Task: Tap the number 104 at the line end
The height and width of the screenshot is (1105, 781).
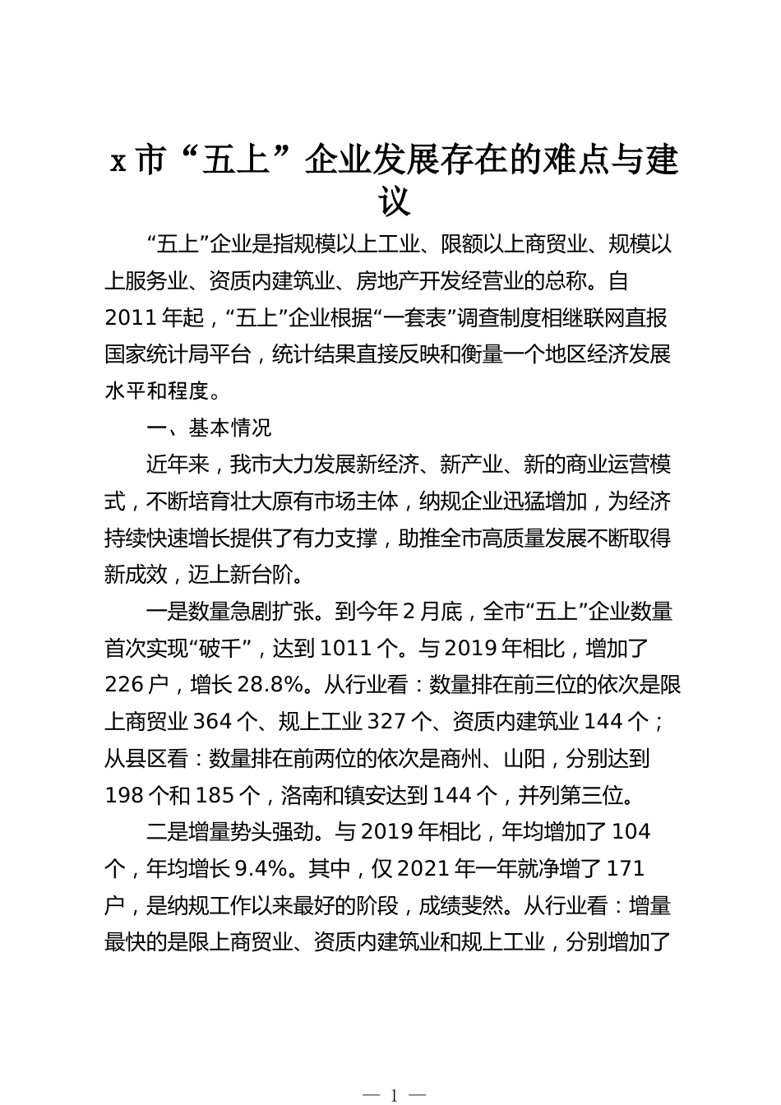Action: click(x=631, y=831)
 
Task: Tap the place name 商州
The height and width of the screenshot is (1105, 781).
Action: click(x=485, y=758)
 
